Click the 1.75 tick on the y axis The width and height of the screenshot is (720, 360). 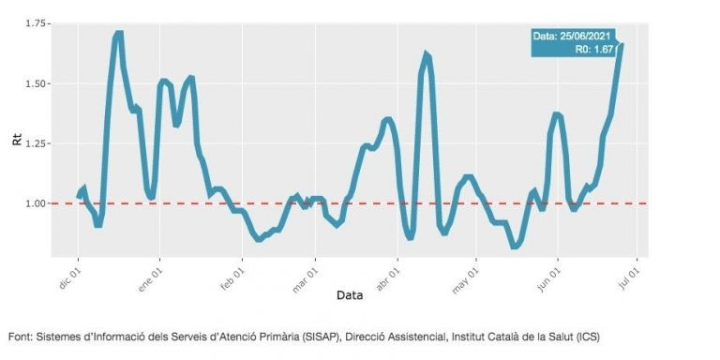(37, 22)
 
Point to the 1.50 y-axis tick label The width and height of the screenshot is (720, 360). (37, 83)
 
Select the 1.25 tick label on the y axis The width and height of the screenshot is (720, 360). (37, 143)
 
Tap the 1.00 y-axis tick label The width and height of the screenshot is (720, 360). (37, 203)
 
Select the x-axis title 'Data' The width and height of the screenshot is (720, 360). (350, 295)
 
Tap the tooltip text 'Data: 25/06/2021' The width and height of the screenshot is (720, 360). (572, 37)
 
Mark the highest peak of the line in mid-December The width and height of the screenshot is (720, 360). (118, 34)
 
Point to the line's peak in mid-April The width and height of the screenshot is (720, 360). (426, 54)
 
